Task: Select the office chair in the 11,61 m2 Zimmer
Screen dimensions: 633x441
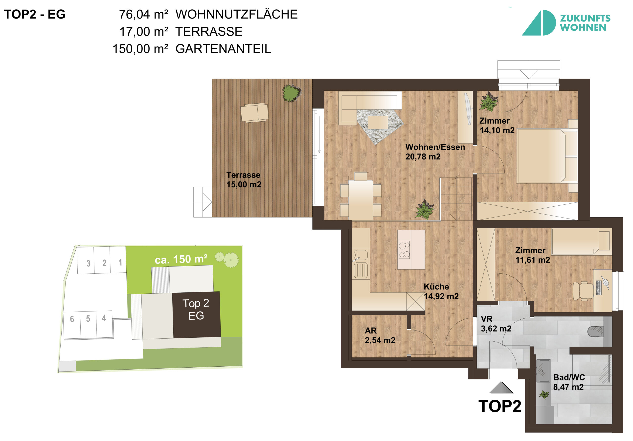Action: (x=583, y=291)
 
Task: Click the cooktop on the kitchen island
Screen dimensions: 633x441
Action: (x=404, y=250)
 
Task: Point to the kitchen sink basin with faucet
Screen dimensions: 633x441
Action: (x=360, y=255)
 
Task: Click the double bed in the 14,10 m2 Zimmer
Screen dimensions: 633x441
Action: (x=547, y=156)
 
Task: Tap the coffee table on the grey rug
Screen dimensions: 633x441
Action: (x=378, y=122)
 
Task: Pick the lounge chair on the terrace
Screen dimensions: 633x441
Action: (x=254, y=112)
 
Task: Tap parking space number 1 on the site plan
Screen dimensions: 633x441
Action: (x=118, y=260)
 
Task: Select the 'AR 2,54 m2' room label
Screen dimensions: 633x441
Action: (x=380, y=335)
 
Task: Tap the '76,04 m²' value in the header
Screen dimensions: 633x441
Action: (x=144, y=14)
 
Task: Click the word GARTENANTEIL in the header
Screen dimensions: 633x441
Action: (x=223, y=49)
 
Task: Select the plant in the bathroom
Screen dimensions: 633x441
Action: (x=544, y=395)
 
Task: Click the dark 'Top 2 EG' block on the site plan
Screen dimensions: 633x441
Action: (x=196, y=314)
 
